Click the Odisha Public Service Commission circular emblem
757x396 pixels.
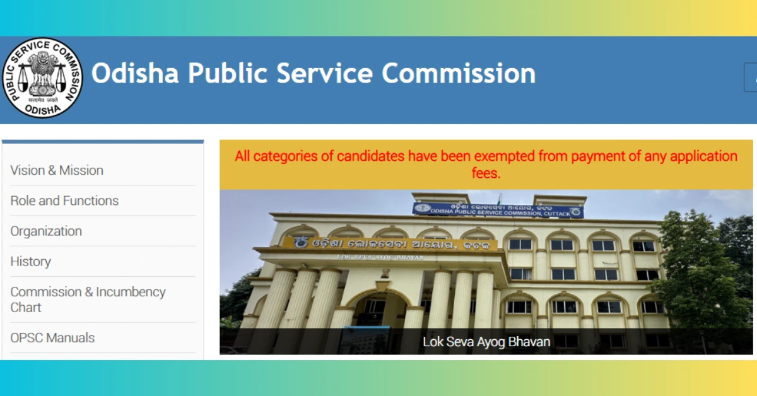pyautogui.click(x=42, y=78)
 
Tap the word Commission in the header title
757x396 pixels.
pyautogui.click(x=459, y=74)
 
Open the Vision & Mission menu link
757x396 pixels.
pyautogui.click(x=57, y=170)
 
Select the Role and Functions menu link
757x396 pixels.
pyautogui.click(x=64, y=201)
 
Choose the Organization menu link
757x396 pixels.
pyautogui.click(x=46, y=231)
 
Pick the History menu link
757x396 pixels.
pyautogui.click(x=30, y=261)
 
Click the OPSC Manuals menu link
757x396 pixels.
pyautogui.click(x=52, y=338)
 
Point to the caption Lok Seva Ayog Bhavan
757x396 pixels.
pyautogui.click(x=486, y=342)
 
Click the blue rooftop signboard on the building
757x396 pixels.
pyautogui.click(x=498, y=209)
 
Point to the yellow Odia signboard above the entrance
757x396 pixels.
pyautogui.click(x=389, y=243)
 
